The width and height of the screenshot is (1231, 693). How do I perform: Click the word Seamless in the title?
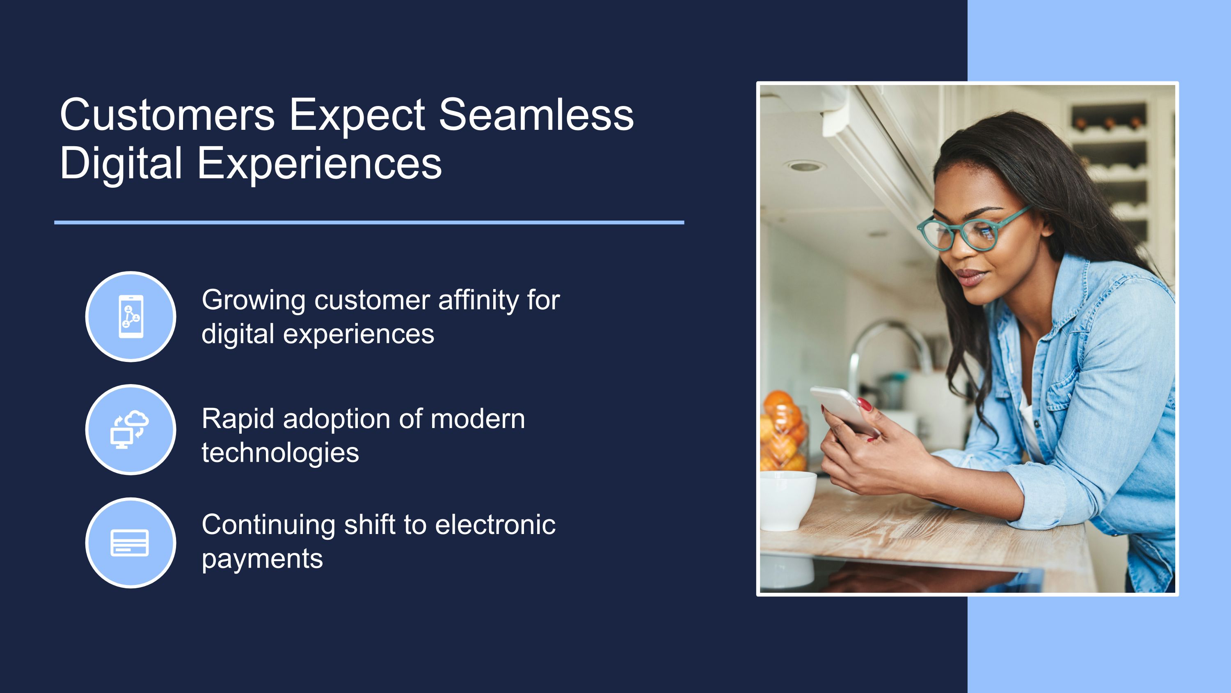point(536,114)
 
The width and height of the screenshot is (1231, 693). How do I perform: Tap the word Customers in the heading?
point(167,114)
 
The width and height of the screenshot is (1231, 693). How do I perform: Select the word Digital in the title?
point(121,164)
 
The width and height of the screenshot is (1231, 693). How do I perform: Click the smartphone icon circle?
point(130,317)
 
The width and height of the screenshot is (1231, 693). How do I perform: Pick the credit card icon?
point(130,543)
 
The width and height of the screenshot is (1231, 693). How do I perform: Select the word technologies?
point(280,454)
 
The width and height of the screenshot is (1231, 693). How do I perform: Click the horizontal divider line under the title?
point(369,222)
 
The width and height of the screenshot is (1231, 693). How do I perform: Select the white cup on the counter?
point(787,500)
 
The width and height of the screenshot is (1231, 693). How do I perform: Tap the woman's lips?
point(969,276)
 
